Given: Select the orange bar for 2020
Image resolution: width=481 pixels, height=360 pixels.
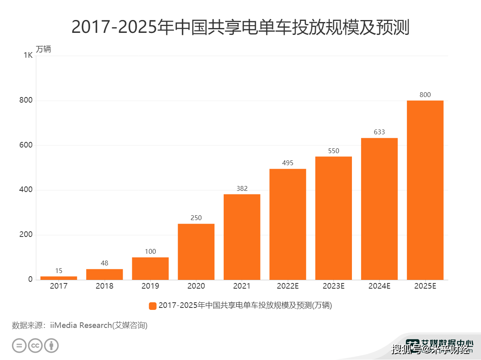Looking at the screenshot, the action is (x=196, y=252).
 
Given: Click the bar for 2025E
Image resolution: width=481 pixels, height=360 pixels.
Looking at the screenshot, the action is (x=425, y=190).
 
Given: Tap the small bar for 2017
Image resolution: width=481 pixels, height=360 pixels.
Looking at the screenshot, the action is (x=59, y=278).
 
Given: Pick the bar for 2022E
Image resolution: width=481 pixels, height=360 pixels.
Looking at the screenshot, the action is (x=287, y=224).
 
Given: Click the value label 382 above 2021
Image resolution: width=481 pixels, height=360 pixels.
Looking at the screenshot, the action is (x=242, y=188).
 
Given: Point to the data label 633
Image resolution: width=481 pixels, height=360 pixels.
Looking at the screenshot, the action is (x=379, y=132).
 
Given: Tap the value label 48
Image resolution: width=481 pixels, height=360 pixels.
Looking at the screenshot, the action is (x=104, y=263).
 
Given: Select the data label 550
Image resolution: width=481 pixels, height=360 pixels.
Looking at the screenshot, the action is (x=333, y=151).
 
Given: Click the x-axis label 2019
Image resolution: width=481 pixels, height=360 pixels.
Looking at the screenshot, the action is (x=150, y=286).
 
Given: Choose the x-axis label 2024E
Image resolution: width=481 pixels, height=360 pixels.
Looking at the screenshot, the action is (x=379, y=286).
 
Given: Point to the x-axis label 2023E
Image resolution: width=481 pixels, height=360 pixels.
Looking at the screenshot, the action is (x=333, y=286).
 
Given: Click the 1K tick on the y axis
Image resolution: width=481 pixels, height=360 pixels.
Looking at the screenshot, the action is (x=28, y=55).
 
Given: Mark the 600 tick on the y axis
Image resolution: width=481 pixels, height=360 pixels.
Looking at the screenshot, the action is (x=26, y=145).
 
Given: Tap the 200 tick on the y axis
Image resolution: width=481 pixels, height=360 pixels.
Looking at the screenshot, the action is (x=26, y=235).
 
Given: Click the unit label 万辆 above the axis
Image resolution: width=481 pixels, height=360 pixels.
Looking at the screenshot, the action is (x=43, y=49).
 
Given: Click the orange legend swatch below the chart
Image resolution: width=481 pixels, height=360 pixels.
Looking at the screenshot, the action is (x=152, y=306).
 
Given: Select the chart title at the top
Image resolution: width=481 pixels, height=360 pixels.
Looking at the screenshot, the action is (x=240, y=27).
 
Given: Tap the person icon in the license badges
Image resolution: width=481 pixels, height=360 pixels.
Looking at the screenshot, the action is (x=51, y=346).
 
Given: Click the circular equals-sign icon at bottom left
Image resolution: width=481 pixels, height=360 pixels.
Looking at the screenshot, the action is (x=19, y=346).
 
